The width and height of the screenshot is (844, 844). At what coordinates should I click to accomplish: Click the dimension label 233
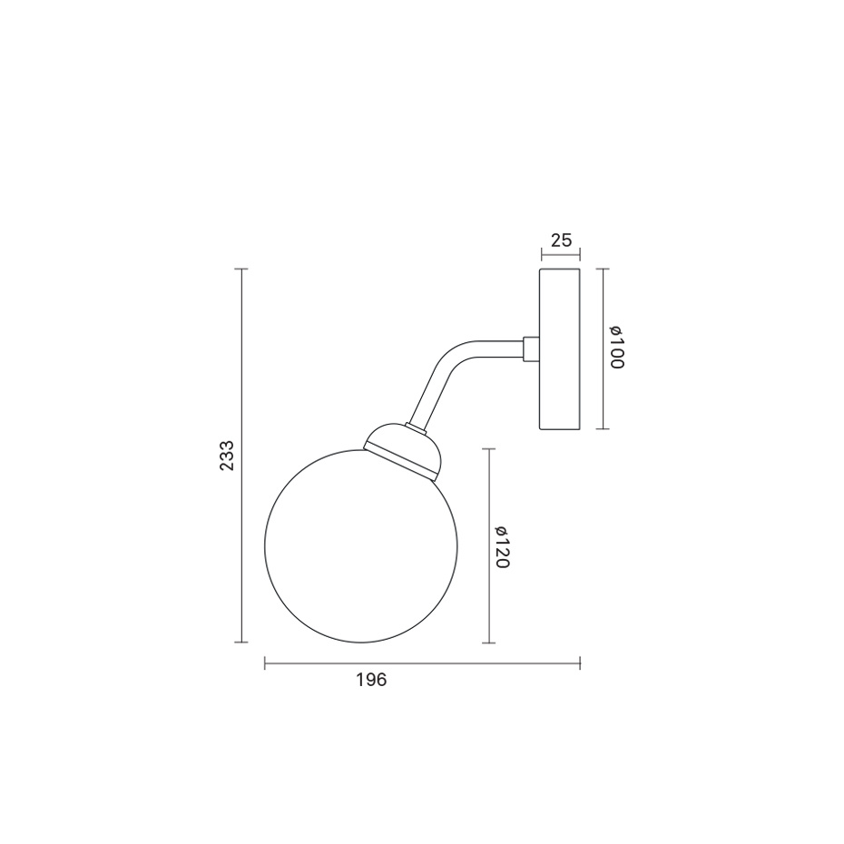tap(227, 456)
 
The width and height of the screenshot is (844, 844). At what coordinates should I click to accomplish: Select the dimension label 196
tap(371, 680)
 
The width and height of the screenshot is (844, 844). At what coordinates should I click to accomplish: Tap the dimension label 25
tap(562, 240)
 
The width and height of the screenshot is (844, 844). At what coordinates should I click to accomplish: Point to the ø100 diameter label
tap(616, 348)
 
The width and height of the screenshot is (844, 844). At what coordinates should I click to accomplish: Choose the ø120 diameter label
tap(502, 547)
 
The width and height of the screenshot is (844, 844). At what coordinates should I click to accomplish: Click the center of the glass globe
tap(360, 545)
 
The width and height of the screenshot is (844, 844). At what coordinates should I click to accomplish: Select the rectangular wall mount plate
tap(560, 348)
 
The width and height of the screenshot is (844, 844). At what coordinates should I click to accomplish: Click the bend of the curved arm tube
tap(449, 355)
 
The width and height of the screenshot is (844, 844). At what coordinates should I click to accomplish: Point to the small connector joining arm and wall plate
tap(531, 348)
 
